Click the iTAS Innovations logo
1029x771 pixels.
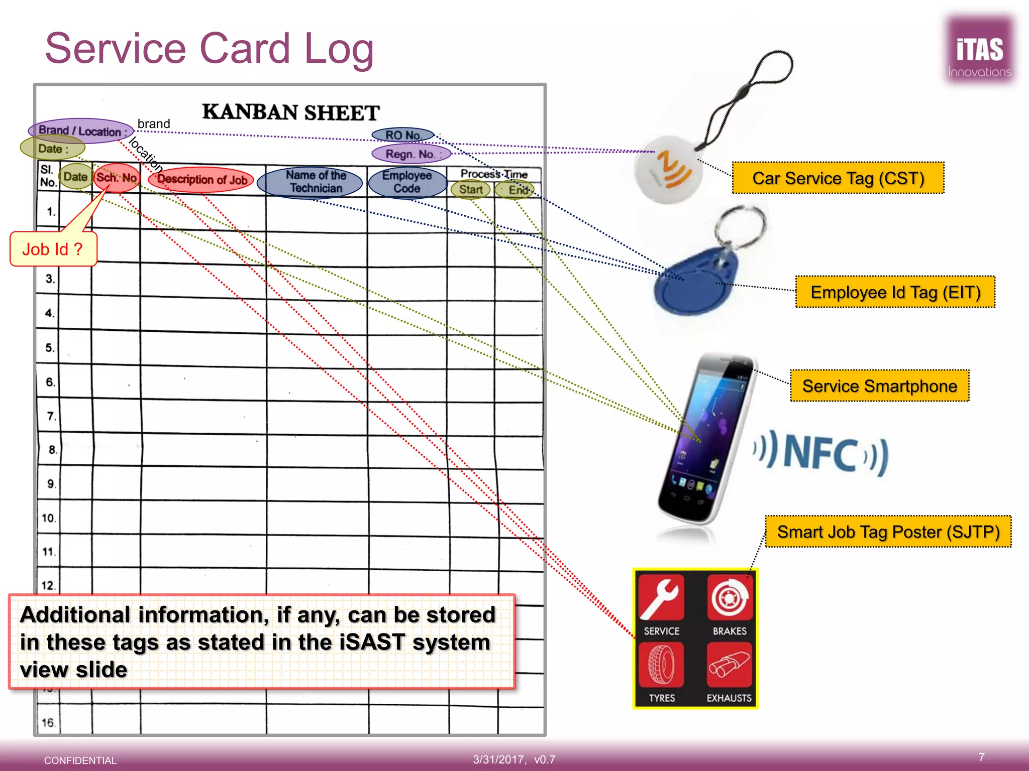pos(979,50)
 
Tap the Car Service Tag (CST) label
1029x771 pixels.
pos(838,178)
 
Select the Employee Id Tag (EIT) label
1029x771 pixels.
pos(895,292)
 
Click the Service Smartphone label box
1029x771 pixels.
pos(879,385)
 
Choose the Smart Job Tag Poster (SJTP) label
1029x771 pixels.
pos(888,532)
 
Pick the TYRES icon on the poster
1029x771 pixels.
pos(661,665)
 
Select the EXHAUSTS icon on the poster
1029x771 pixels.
pos(729,665)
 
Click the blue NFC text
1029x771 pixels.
pos(820,454)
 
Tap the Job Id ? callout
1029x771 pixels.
pos(53,249)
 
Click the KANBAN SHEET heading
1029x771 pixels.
pos(290,112)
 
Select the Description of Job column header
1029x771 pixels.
pos(201,179)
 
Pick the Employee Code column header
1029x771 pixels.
pos(407,182)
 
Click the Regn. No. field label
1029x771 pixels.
pos(411,154)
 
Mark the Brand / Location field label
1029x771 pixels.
pos(81,131)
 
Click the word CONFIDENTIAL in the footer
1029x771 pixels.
pos(80,760)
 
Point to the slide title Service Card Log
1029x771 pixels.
pos(210,49)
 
